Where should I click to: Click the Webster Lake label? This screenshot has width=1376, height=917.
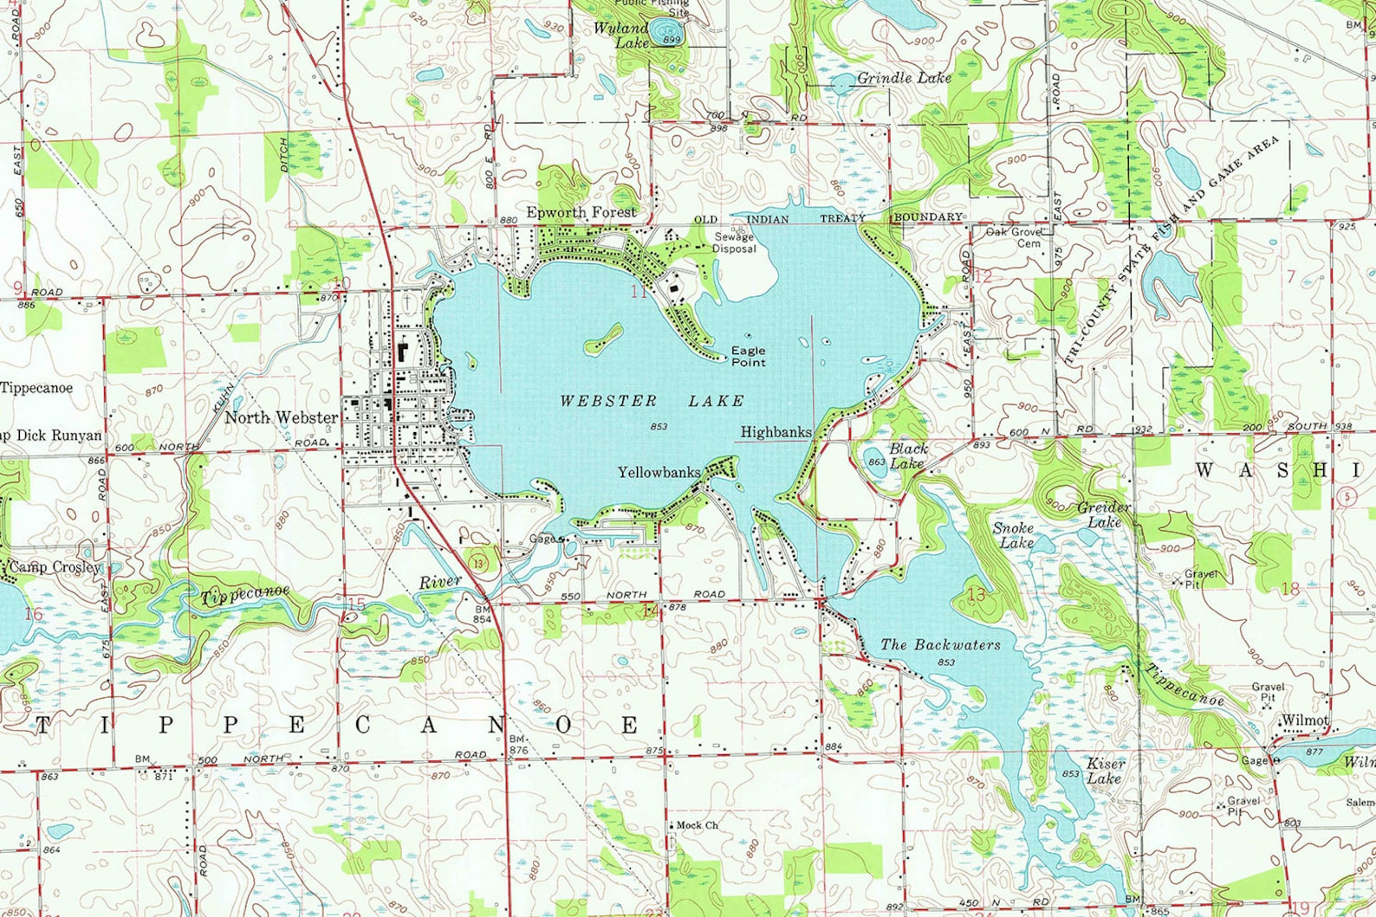652,401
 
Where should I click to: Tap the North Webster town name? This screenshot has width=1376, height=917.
282,417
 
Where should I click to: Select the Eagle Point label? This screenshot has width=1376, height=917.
748,356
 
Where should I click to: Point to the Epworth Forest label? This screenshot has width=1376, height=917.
581,212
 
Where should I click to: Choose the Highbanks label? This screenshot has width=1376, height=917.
776,431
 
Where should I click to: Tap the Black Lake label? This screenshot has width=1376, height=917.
907,455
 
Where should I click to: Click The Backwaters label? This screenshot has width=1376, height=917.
940,645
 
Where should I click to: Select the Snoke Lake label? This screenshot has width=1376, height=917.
1014,535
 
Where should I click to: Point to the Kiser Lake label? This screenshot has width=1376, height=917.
1106,770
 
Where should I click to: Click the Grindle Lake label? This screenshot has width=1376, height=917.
904,78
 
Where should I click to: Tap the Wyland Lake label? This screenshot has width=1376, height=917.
622,35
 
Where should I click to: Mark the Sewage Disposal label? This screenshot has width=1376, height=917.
734,242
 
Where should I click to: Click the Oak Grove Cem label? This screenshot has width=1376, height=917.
1014,237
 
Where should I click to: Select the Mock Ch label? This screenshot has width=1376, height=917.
697,825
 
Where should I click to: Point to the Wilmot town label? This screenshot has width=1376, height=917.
1304,720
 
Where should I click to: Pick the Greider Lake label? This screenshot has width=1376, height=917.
1104,514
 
